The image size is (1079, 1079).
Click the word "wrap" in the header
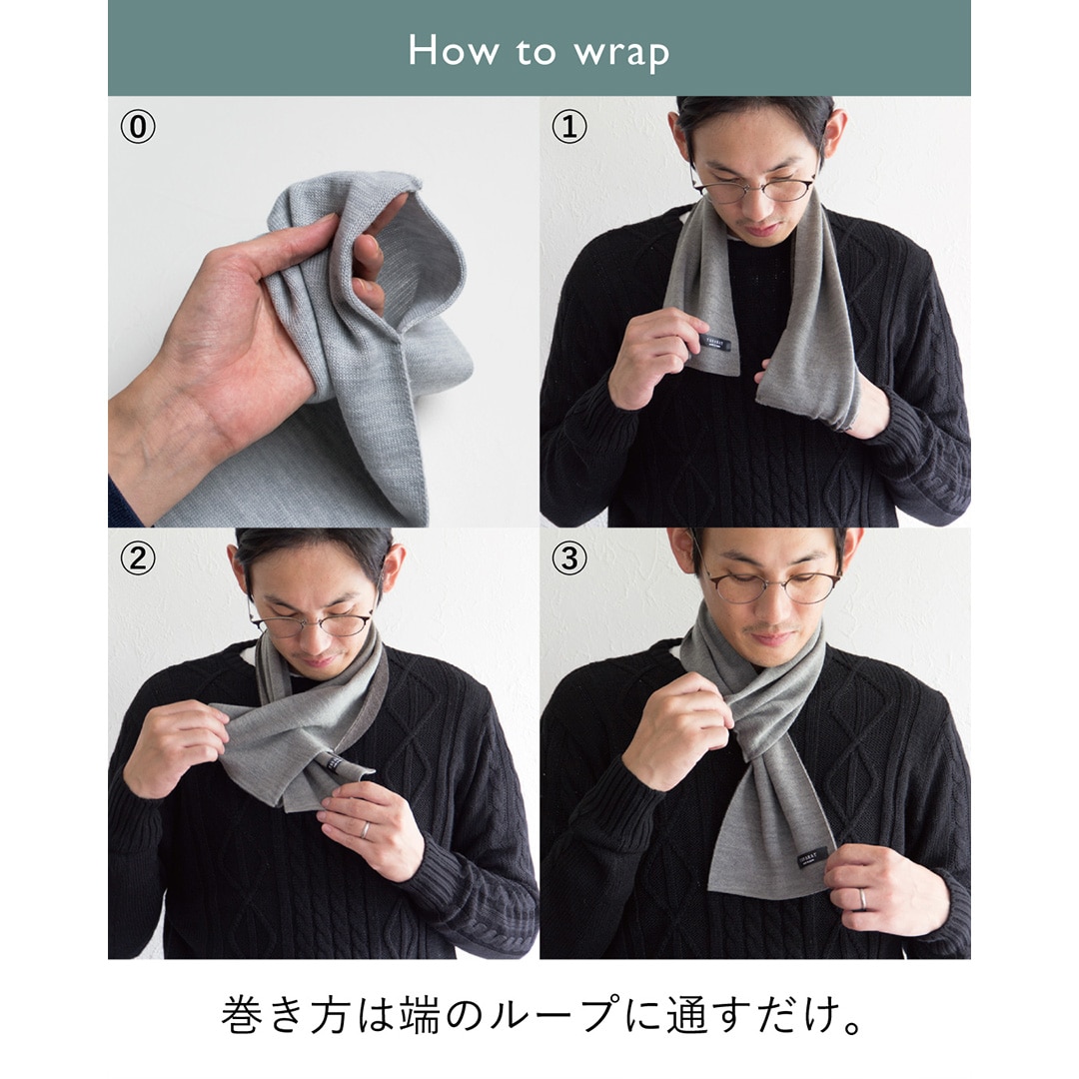[x=621, y=53]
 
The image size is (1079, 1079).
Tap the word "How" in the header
[x=454, y=50]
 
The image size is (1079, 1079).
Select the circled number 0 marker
[x=138, y=127]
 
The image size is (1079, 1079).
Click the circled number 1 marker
[x=569, y=127]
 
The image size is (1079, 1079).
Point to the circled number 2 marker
[x=138, y=558]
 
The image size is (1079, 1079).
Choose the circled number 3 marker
[x=569, y=558]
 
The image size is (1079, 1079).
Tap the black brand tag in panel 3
[x=812, y=858]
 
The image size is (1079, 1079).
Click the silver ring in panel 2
[x=366, y=830]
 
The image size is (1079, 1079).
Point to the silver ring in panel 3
[x=862, y=899]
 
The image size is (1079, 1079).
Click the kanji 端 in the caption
[x=419, y=1014]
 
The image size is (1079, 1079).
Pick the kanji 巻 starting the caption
[x=241, y=1014]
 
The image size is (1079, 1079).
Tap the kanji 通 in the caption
[x=686, y=1014]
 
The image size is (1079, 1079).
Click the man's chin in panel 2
[x=318, y=666]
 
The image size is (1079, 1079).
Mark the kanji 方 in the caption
[x=331, y=1014]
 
